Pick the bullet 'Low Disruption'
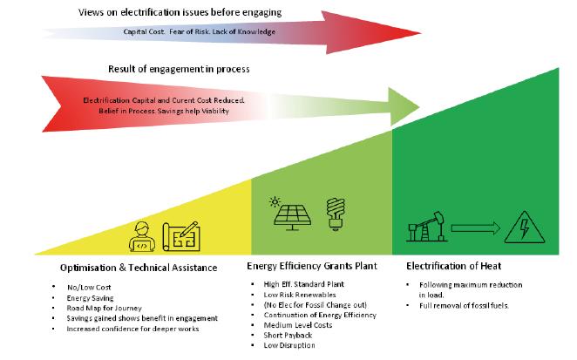pyautogui.click(x=290, y=346)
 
